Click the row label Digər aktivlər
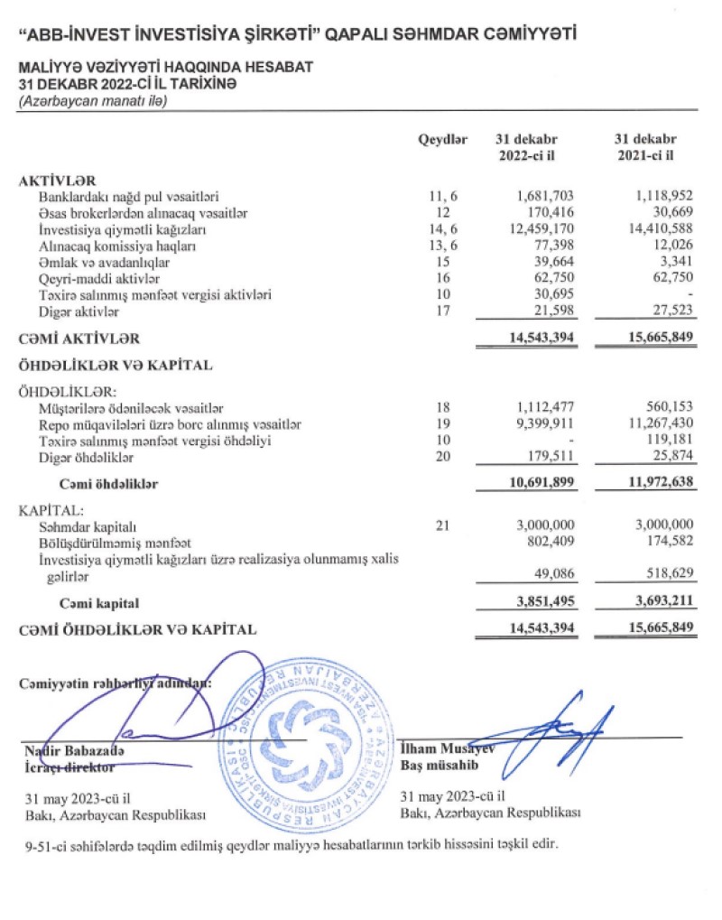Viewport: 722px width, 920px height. pyautogui.click(x=79, y=311)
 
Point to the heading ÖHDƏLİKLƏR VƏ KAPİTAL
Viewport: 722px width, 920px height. pyautogui.click(x=116, y=366)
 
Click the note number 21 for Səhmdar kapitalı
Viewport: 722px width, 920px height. pyautogui.click(x=441, y=525)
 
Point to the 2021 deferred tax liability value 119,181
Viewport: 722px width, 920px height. pyautogui.click(x=669, y=441)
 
